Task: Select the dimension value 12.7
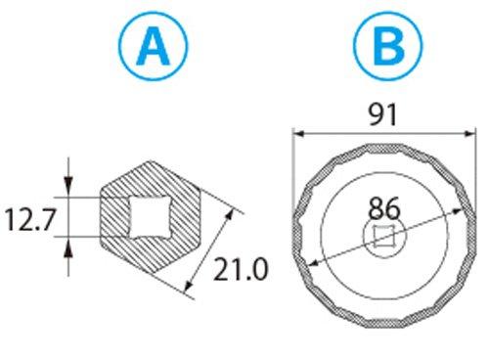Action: [29, 216]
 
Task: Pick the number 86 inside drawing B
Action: [384, 208]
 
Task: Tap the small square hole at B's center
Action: [384, 234]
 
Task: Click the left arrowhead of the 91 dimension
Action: [299, 133]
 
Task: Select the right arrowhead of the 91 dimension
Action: [467, 133]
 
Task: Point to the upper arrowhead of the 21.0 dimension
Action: [235, 210]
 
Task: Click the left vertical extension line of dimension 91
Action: [295, 166]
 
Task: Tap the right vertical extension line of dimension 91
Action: [471, 166]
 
